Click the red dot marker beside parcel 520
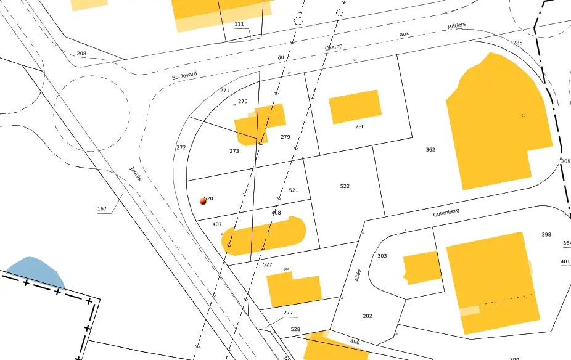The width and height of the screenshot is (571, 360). (x=203, y=201)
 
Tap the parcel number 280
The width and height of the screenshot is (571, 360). (x=360, y=126)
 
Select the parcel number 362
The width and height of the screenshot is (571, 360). (x=430, y=150)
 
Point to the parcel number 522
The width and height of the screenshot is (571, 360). (x=345, y=186)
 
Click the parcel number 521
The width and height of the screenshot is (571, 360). (x=294, y=190)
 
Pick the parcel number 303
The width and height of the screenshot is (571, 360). (x=382, y=255)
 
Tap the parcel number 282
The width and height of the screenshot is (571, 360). (x=367, y=316)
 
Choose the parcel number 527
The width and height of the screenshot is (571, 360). (x=267, y=264)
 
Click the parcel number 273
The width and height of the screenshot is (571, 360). (x=234, y=151)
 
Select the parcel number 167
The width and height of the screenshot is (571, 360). (x=102, y=208)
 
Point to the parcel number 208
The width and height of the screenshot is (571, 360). (x=81, y=54)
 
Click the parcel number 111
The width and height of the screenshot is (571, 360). (x=239, y=24)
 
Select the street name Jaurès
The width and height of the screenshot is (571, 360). (x=136, y=173)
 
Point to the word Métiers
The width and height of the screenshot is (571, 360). (x=456, y=27)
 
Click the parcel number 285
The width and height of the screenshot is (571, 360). (x=517, y=43)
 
